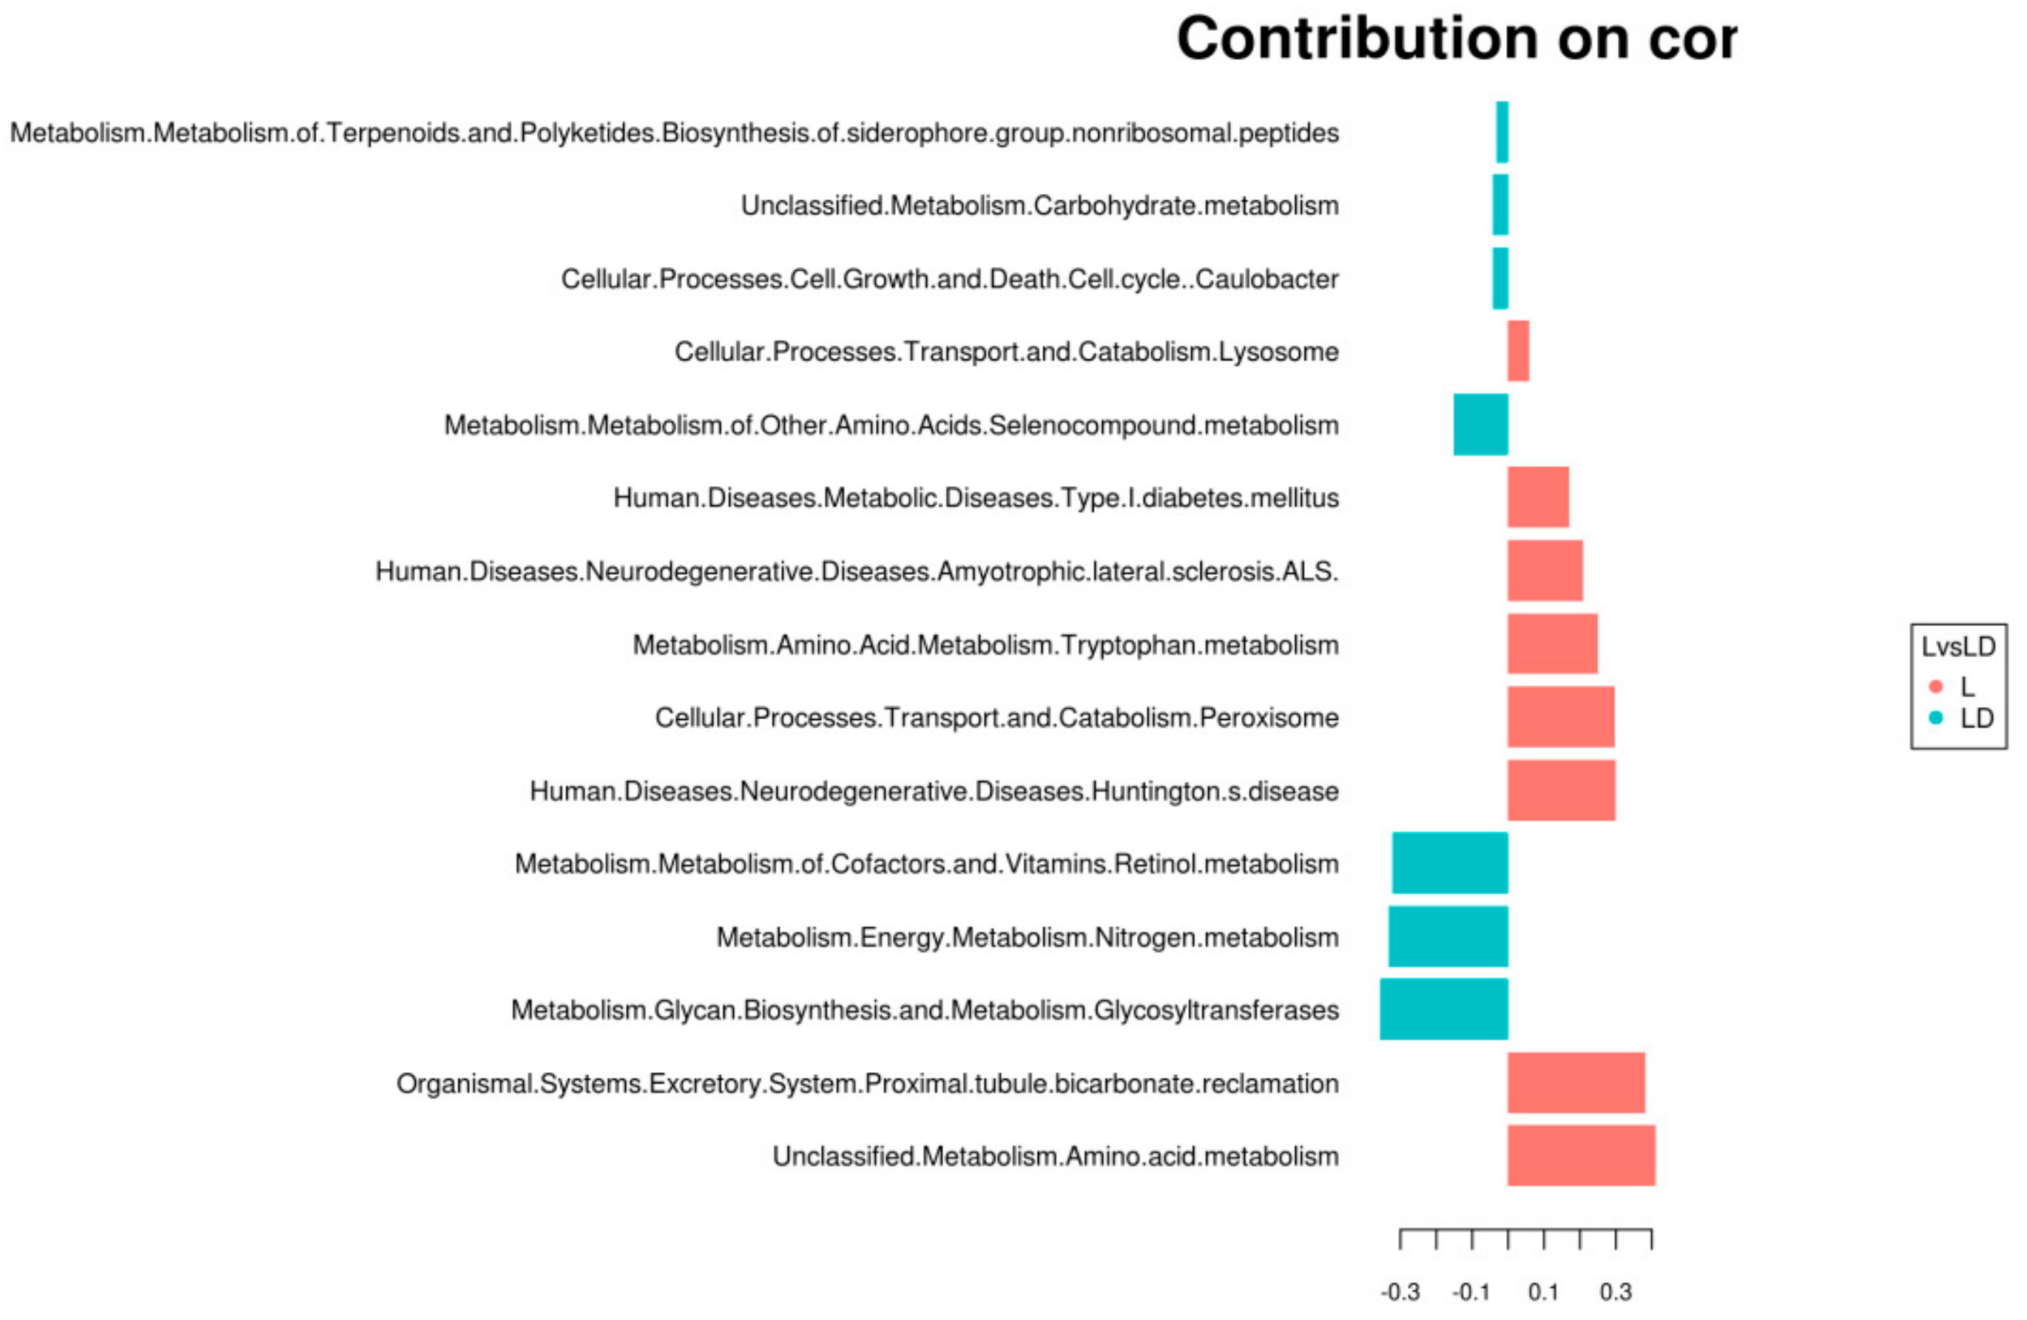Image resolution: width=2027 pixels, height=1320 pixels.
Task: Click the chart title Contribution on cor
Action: point(1457,39)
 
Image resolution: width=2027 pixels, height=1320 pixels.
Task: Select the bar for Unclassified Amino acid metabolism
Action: point(1581,1156)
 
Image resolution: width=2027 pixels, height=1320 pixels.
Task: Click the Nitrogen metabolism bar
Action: point(1448,937)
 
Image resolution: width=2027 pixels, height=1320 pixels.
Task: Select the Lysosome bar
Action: point(1518,351)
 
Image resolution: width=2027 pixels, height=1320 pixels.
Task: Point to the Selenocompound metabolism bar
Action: point(1480,424)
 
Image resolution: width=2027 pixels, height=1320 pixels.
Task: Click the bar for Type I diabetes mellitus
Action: point(1538,497)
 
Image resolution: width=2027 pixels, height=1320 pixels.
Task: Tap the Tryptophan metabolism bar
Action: point(1553,644)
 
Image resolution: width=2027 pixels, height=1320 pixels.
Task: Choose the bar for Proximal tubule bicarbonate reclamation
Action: point(1576,1082)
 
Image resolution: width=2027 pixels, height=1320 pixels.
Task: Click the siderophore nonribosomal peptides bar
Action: point(1502,132)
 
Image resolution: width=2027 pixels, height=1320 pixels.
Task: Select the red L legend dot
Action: point(1936,687)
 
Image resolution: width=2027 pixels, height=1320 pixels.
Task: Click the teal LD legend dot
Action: point(1936,718)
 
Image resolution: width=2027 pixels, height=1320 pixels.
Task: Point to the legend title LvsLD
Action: point(1958,647)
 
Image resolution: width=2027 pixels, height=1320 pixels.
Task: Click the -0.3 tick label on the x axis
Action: point(1400,1293)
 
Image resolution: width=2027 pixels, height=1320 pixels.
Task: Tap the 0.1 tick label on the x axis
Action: point(1543,1293)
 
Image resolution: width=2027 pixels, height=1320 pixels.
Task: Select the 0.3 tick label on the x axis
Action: point(1616,1293)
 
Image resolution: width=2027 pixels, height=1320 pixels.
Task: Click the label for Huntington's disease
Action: point(934,791)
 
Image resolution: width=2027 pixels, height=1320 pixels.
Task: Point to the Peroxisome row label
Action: point(996,718)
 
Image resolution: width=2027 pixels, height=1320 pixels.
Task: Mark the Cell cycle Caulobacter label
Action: point(950,278)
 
